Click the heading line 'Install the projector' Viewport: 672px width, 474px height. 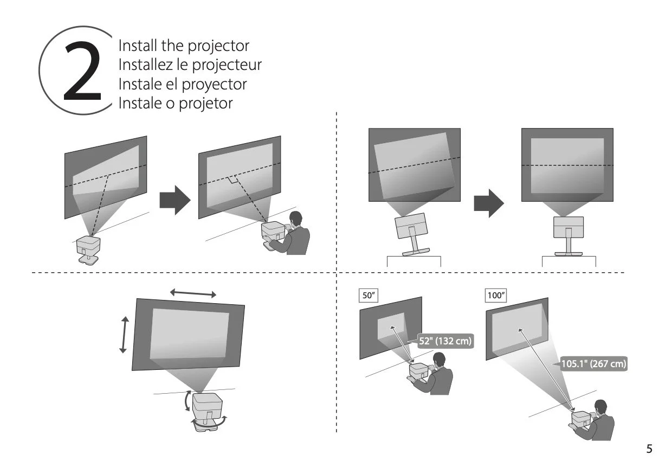[184, 46]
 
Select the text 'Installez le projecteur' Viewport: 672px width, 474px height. [190, 65]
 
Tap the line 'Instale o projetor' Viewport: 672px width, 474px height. [175, 103]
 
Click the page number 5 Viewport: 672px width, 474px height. [649, 449]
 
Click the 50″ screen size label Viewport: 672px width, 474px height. [369, 296]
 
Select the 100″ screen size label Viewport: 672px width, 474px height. [496, 296]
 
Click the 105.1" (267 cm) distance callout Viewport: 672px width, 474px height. [593, 364]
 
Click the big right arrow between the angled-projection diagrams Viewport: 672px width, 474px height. [175, 200]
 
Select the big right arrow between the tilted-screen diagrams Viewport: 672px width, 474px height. [488, 203]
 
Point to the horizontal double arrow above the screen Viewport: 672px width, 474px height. [193, 293]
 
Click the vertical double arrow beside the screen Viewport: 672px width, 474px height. [124, 335]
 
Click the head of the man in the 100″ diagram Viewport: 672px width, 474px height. [601, 407]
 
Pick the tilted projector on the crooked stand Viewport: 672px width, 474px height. [410, 228]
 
